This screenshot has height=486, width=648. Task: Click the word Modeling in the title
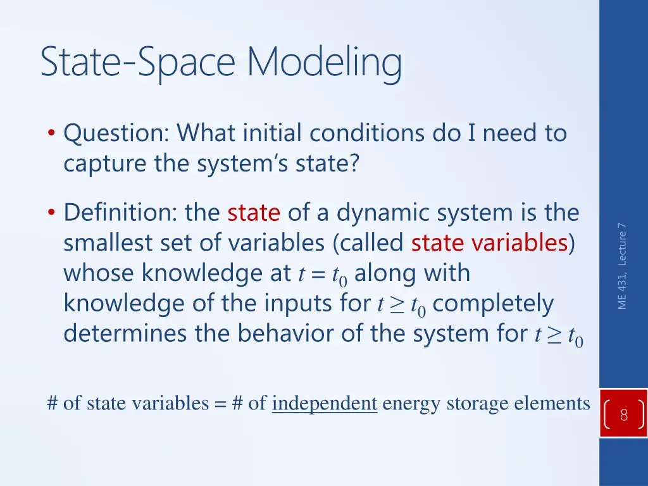coord(324,63)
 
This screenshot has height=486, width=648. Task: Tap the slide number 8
coord(623,416)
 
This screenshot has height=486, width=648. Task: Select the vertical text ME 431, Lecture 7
coord(623,266)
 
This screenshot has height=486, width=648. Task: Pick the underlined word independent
coord(325,403)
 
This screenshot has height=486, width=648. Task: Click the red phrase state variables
coord(489,243)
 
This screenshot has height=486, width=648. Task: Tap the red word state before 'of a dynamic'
coord(254,213)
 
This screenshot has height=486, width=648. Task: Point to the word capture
coord(105,164)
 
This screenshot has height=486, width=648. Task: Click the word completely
coord(494,304)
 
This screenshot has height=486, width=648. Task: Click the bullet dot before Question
coord(51,134)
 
